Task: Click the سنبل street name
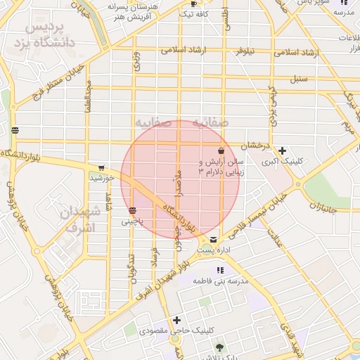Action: tap(302, 79)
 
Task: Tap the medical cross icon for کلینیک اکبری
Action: tap(282, 150)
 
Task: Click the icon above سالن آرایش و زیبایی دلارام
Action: tap(221, 150)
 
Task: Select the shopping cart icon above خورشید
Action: tap(102, 168)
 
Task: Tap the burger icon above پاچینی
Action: tap(132, 210)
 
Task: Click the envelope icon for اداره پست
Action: tap(213, 240)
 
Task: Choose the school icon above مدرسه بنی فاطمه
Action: tap(220, 270)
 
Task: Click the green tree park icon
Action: tap(219, 347)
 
